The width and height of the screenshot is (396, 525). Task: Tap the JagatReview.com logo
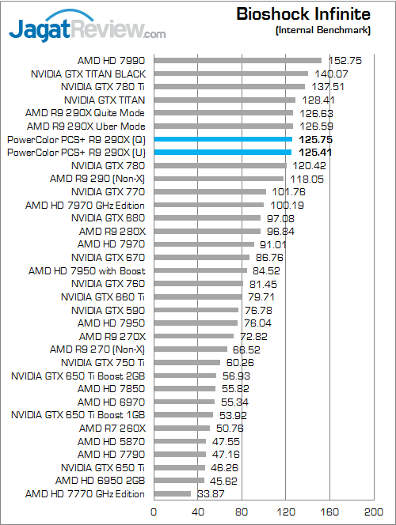[x=87, y=30]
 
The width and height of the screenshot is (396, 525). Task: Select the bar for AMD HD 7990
[x=238, y=60]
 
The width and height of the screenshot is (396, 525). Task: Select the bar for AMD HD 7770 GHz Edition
[x=172, y=494]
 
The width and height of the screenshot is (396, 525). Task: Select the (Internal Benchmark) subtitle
[x=323, y=30]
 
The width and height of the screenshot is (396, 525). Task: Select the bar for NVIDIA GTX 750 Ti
[x=186, y=362]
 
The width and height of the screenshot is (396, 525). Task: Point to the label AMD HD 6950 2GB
[x=101, y=481]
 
